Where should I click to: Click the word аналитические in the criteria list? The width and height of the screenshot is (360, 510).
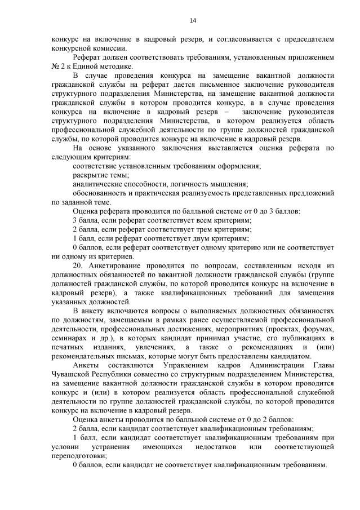[x=97, y=184]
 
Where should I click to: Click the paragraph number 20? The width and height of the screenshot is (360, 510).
[x=79, y=265]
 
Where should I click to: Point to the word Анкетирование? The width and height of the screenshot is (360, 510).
[x=117, y=265]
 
